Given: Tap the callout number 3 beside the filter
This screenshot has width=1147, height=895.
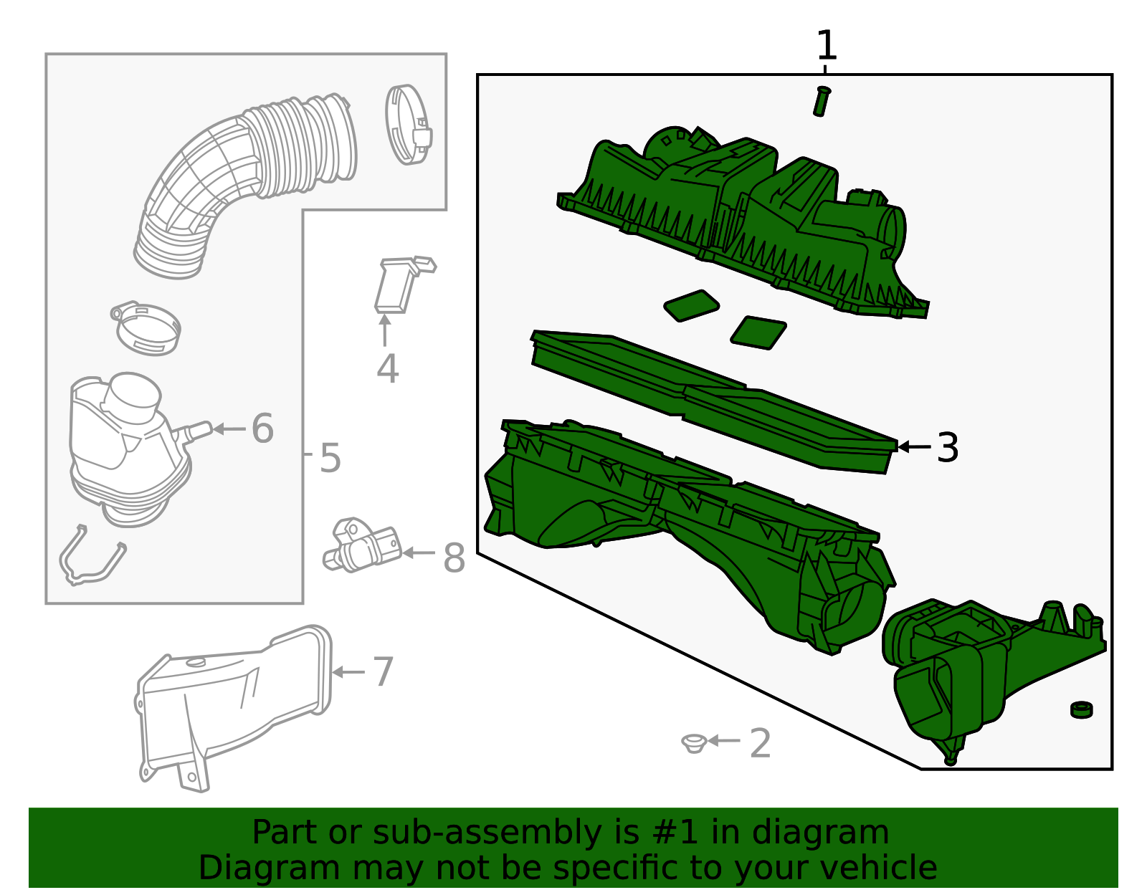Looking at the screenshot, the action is (948, 447).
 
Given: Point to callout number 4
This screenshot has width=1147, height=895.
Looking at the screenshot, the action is (387, 368).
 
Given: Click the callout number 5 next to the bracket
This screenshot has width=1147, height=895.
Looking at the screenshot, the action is (330, 458).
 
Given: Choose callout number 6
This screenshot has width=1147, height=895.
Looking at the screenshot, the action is (262, 428).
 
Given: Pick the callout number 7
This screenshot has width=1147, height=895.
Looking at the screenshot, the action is (384, 671).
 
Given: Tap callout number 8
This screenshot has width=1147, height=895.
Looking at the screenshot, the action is (454, 557).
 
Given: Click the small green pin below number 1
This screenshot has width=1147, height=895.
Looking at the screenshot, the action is (822, 101).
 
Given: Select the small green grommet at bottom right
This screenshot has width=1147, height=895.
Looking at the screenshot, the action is (1082, 709).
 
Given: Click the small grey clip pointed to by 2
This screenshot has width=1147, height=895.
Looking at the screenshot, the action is (694, 743).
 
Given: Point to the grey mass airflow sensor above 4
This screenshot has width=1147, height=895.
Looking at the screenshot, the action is (403, 284).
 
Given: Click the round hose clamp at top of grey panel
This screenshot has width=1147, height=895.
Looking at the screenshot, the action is (408, 125).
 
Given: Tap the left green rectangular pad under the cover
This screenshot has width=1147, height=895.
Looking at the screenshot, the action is (692, 305).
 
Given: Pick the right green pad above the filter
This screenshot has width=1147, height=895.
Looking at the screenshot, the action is (758, 332).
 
